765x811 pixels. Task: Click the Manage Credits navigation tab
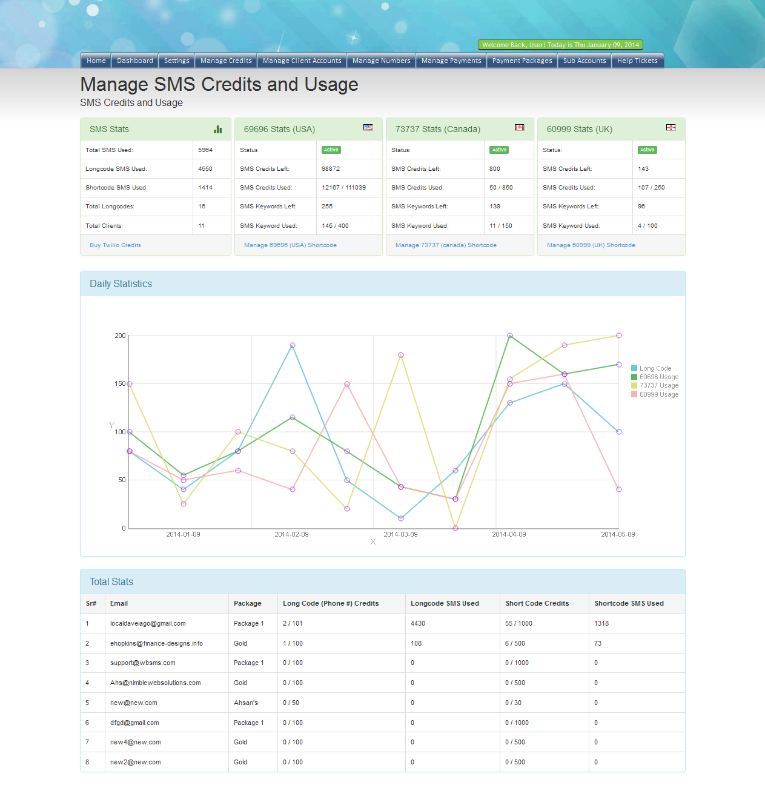[x=226, y=61]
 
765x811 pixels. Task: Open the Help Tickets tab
[x=637, y=61]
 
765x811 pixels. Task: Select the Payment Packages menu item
[x=522, y=61]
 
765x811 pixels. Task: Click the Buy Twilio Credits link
[x=115, y=245]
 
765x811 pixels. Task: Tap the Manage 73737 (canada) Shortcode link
[x=446, y=245]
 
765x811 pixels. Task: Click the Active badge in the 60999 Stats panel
[x=647, y=150]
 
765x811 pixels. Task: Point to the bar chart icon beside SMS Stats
[x=218, y=129]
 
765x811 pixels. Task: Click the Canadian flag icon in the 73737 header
[x=519, y=127]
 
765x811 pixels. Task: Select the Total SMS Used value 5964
[x=205, y=150]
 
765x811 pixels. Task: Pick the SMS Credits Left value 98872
[x=331, y=169]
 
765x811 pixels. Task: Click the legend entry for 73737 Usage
[x=658, y=385]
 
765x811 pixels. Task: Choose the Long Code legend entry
[x=655, y=368]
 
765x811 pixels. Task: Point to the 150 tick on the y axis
[x=120, y=383]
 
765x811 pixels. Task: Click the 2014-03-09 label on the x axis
[x=400, y=534]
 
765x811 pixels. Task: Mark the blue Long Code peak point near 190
[x=293, y=345]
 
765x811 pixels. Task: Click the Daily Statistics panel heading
[x=121, y=283]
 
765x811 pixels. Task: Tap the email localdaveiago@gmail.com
[x=148, y=623]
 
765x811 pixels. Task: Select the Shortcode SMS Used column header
[x=629, y=603]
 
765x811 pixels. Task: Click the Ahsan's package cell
[x=246, y=703]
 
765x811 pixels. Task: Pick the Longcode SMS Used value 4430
[x=418, y=623]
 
